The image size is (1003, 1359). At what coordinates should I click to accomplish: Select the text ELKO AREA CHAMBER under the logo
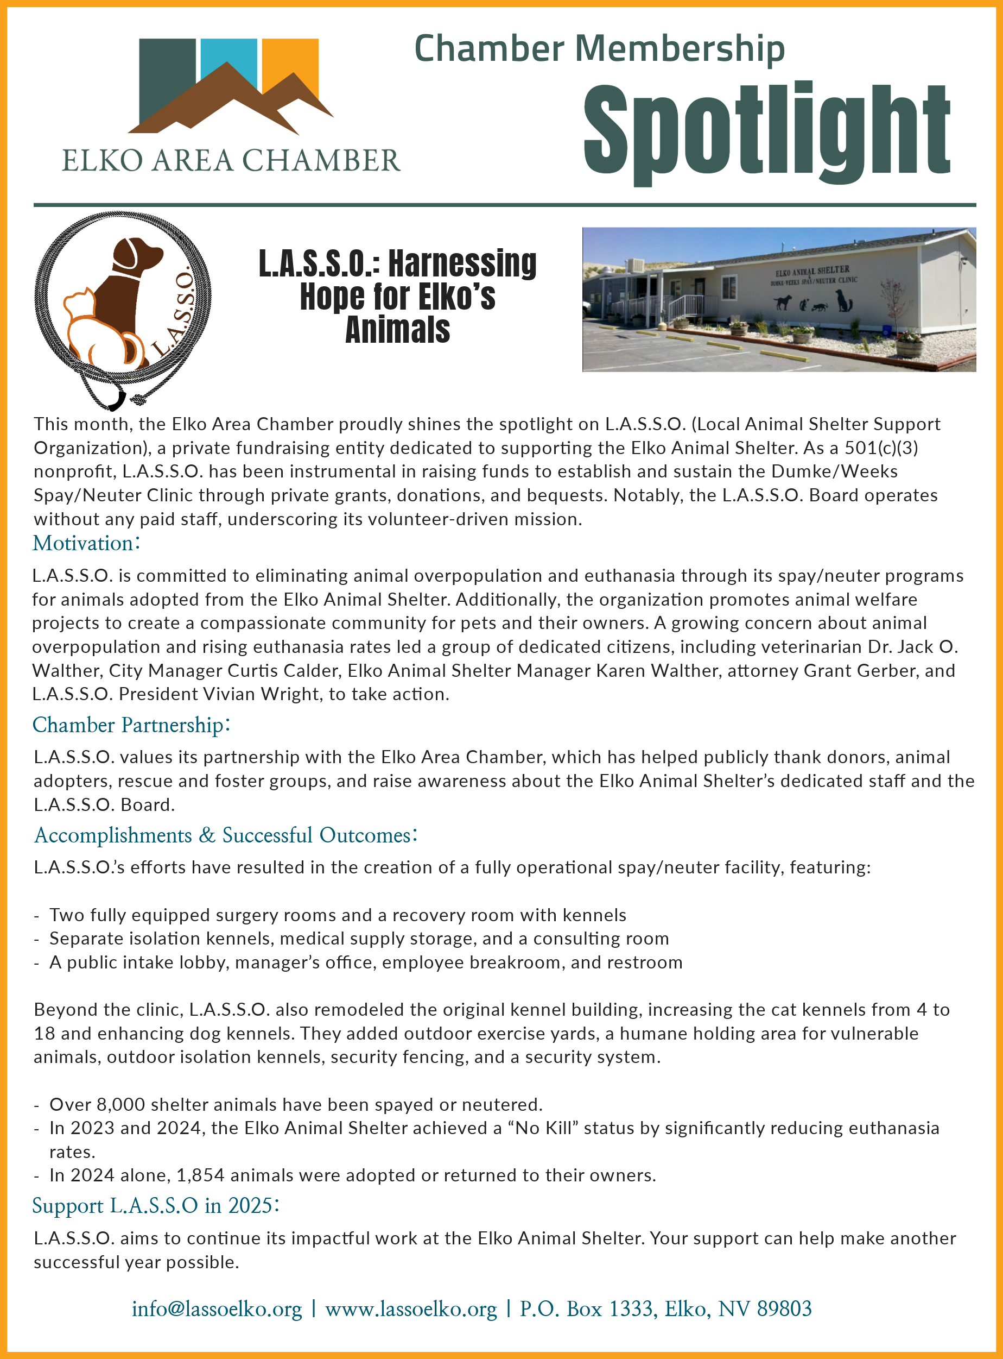[x=231, y=161]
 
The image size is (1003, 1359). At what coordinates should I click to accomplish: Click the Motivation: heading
[x=86, y=543]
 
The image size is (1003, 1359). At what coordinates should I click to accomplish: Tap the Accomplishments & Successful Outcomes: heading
[x=225, y=835]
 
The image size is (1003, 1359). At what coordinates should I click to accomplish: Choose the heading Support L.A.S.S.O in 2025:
[x=155, y=1205]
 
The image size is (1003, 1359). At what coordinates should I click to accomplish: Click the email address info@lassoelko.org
[x=217, y=1308]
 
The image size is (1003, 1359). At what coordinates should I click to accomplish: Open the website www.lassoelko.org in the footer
[x=411, y=1308]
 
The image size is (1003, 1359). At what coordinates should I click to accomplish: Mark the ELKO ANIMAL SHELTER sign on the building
[x=812, y=270]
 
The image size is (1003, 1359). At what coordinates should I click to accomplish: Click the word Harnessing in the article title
[x=462, y=263]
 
